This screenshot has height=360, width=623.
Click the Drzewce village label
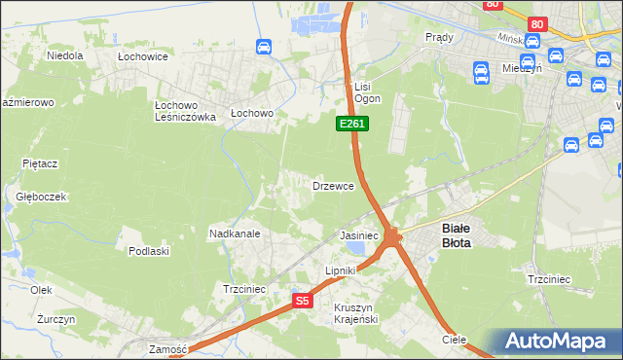pos(339,185)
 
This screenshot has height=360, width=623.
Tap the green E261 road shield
pos(352,124)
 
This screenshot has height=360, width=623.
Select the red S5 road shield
pos(303,302)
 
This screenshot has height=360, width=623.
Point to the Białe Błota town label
pos(456,235)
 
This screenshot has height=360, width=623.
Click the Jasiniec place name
pos(358,235)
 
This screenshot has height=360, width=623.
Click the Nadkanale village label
pos(234,234)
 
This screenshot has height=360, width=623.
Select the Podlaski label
pos(149,251)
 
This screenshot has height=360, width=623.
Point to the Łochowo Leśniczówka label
pos(184,110)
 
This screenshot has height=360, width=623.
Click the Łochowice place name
pos(143,57)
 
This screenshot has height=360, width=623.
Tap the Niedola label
pos(64,56)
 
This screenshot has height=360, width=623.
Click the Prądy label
pos(440,37)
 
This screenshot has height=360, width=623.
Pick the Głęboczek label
pos(41,196)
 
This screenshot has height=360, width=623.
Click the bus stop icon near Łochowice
pos(263,47)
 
